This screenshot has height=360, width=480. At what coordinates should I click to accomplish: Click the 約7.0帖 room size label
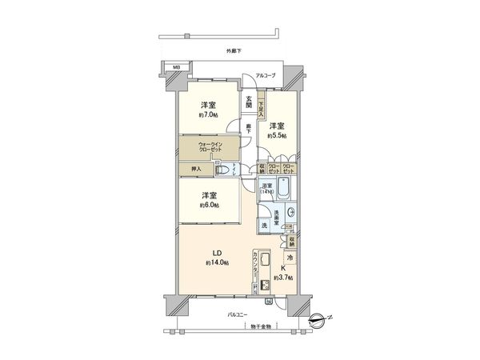coord(209,115)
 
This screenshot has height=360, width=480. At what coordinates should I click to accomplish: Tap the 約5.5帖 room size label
coord(277,135)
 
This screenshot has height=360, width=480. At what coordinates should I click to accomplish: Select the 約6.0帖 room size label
coord(209,205)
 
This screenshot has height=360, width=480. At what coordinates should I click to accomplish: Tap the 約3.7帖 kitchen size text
coord(282,278)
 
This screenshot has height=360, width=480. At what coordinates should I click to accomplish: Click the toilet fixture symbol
coord(226,170)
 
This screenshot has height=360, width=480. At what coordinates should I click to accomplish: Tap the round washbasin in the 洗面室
coord(290,213)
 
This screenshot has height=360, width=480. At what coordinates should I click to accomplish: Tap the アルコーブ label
coord(266,76)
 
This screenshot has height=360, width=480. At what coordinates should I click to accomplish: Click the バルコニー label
coord(235,316)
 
